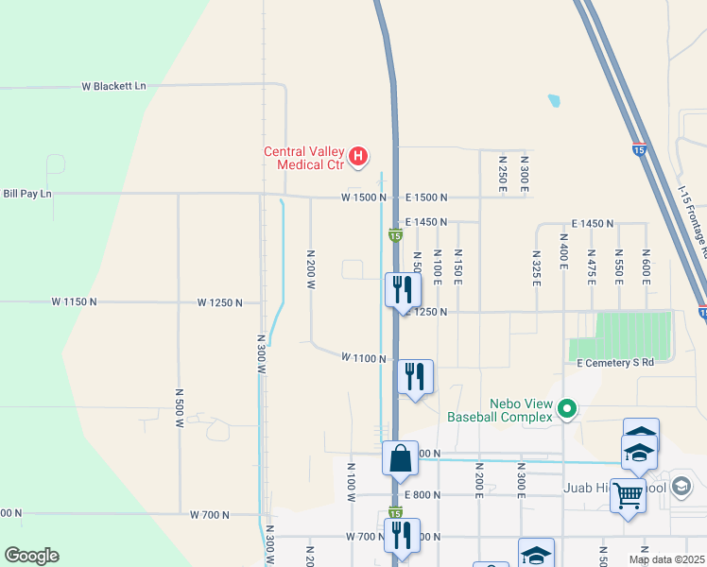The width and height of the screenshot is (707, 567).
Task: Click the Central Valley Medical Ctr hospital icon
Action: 358,157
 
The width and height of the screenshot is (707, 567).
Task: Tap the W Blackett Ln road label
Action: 113,86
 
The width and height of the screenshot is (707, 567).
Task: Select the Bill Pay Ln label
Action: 27,194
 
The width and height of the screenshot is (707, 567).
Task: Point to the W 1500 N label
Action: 365,198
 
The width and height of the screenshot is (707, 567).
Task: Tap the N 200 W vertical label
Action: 310,269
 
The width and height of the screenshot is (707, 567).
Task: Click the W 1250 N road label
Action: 220,302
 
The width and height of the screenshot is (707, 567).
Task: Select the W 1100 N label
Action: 364,358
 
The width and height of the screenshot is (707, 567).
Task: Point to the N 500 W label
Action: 179,407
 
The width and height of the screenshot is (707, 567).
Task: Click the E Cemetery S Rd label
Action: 615,362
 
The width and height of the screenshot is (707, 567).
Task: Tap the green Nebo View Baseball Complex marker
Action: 567,409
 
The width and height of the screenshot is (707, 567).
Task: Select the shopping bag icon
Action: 400,458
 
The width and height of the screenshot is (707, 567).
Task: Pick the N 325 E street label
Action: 536,268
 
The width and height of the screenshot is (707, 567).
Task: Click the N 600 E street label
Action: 646,268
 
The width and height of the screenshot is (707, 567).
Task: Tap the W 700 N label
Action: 209,515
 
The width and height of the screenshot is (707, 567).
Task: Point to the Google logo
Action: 31,556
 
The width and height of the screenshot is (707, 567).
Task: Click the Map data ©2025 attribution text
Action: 665,559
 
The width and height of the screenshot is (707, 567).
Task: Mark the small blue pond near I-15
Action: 553,98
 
